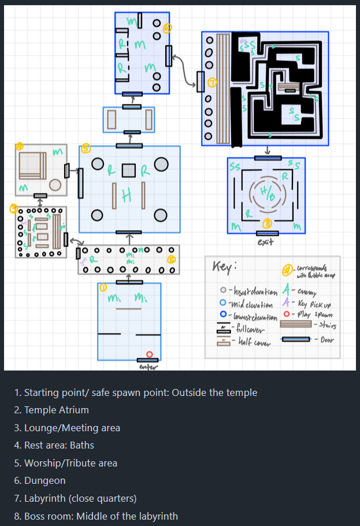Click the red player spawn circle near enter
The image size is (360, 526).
coord(149,354)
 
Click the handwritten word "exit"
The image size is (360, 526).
coord(266,242)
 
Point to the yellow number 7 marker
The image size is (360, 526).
coord(212,83)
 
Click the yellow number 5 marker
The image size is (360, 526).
coord(86,149)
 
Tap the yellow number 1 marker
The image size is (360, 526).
coord(103,287)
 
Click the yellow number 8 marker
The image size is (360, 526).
coord(267,223)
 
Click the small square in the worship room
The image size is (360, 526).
coord(129,171)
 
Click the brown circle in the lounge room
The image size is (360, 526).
coord(55,185)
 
